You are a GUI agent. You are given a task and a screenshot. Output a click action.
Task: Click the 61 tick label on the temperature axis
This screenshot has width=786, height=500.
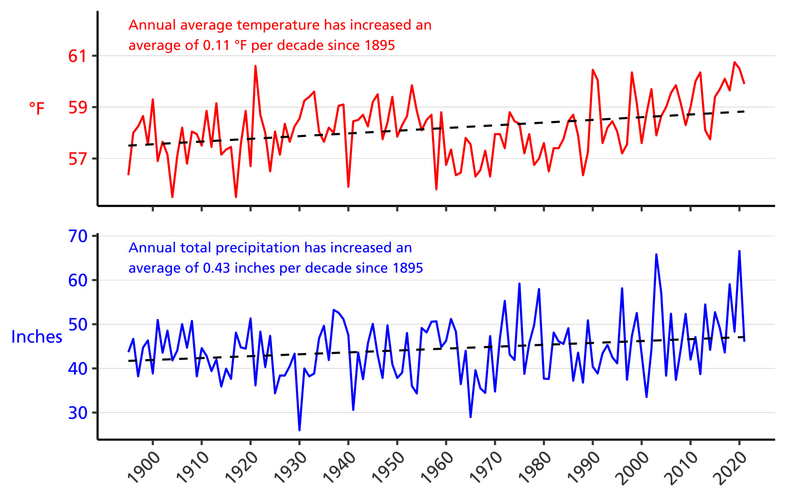77,56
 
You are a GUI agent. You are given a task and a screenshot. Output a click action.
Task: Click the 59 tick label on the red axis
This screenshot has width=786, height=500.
77,108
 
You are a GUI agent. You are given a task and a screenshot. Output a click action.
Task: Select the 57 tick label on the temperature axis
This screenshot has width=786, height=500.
77,159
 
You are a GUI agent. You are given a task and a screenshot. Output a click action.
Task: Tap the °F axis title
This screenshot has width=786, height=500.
37,109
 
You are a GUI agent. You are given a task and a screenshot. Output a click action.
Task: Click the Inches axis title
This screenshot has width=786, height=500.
37,337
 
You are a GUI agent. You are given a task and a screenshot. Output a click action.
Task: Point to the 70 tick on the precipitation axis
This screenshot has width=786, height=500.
78,236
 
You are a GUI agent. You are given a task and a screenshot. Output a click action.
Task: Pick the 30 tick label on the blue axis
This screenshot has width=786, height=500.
78,413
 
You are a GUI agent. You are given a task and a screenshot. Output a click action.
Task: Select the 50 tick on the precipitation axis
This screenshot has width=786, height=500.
78,325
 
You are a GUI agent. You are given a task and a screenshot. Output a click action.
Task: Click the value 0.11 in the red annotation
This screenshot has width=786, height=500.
216,45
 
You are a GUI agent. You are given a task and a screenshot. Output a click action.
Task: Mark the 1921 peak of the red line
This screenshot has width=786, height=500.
255,66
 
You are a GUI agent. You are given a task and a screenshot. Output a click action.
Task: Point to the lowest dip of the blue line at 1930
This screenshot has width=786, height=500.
299,430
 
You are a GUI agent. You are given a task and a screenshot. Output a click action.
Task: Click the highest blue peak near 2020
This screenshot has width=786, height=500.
739,251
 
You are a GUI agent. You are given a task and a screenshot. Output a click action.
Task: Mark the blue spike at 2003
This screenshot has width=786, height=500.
656,254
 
